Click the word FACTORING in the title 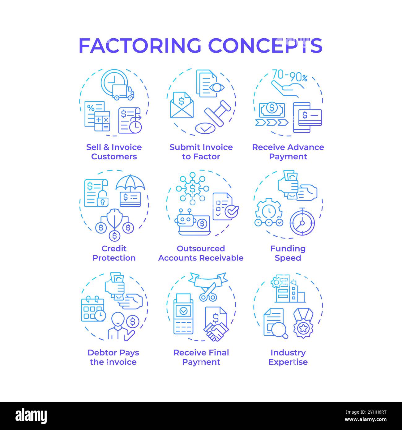(x=140, y=45)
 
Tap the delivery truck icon (x=123, y=92)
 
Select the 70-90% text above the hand (x=289, y=76)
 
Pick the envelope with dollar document (x=182, y=105)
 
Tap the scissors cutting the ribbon (x=208, y=292)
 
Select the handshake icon (x=216, y=331)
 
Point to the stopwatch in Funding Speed (x=302, y=222)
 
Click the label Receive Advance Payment (x=288, y=152)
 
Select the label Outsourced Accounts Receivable (x=201, y=253)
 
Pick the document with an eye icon (x=210, y=84)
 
